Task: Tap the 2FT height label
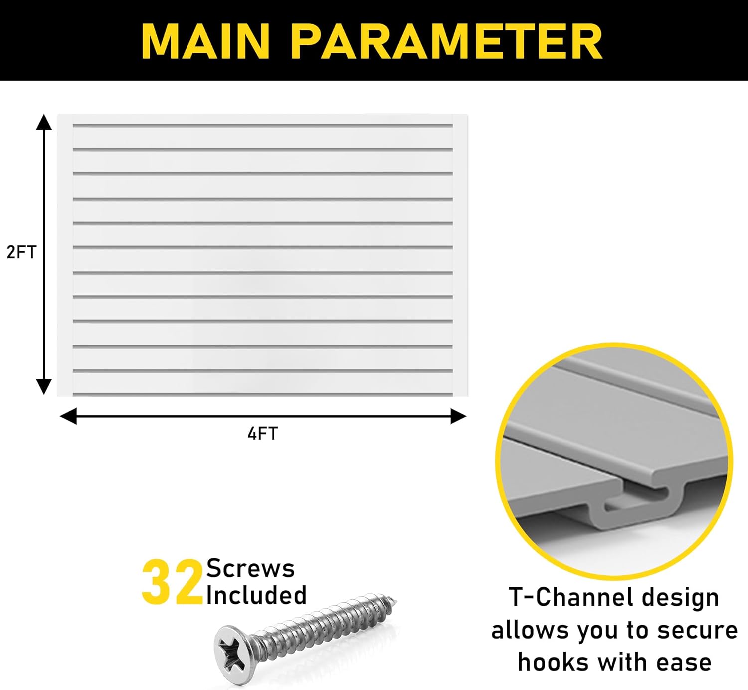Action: (21, 252)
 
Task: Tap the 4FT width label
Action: (263, 434)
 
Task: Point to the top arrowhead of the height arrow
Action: (44, 122)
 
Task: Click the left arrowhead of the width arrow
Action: (68, 416)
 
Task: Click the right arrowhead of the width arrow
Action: (458, 416)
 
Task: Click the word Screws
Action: (250, 568)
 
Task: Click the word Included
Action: (256, 595)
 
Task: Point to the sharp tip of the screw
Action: (395, 600)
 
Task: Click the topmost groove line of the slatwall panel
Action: (263, 125)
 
